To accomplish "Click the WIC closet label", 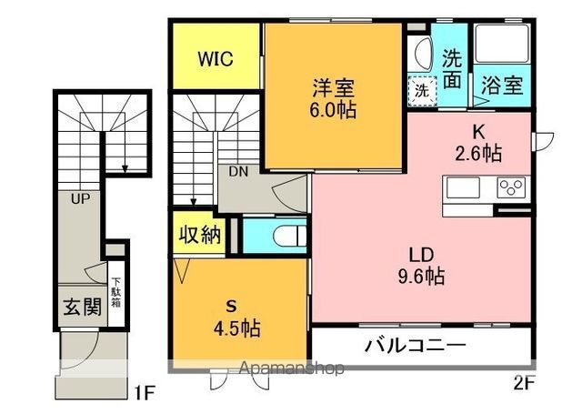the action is [216, 58].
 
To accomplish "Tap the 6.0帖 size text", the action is [333, 109].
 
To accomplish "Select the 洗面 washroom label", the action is [452, 69].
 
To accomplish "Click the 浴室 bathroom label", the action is [502, 86].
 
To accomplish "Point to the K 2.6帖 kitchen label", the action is [479, 142].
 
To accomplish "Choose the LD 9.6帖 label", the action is [421, 266].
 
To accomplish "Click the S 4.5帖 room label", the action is [236, 318].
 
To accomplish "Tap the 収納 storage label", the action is [200, 235].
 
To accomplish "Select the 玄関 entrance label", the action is [82, 307].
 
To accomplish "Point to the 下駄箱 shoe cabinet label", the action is [116, 293].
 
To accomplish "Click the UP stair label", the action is [80, 199].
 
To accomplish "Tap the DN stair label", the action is [238, 171].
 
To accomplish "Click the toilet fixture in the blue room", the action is [290, 236].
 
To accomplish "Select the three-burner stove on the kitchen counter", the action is [511, 187].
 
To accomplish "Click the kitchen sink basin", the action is [463, 187].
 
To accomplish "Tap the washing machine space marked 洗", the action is [422, 91].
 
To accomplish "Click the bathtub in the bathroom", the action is [502, 44].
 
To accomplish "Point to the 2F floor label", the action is [524, 382].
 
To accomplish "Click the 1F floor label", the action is [144, 393].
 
